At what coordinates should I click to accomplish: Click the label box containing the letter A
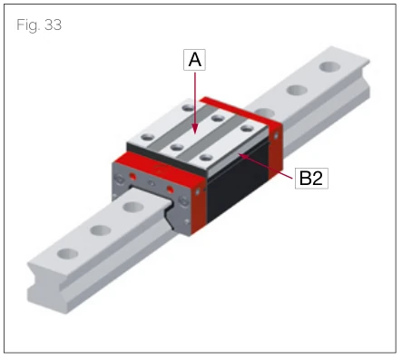194,61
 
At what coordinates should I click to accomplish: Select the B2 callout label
310,178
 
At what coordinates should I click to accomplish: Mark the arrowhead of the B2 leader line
240,155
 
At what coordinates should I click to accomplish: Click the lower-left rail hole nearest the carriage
133,208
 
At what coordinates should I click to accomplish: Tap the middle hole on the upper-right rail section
296,90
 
